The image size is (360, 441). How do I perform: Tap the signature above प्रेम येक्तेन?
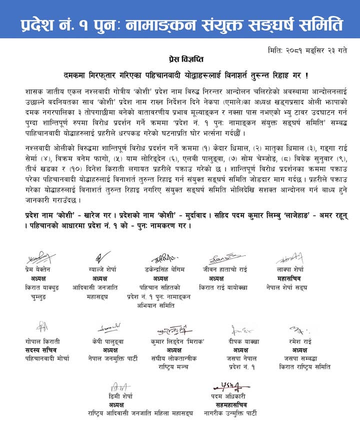pyautogui.click(x=41, y=258)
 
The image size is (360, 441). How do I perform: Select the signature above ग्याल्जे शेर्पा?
pyautogui.click(x=102, y=257)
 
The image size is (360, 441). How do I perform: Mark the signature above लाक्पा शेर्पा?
pyautogui.click(x=289, y=258)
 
